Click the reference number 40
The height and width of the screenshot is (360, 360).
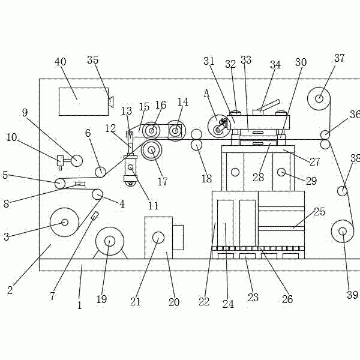coord(61,62)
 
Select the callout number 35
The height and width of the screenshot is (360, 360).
coord(93,59)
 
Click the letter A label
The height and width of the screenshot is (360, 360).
coord(206,93)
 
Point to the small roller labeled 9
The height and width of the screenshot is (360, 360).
coord(77,160)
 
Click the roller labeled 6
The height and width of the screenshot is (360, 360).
coord(100,172)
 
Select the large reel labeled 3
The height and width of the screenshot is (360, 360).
coord(65,222)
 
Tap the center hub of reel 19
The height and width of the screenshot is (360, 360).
coord(110,241)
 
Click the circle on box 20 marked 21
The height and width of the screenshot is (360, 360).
coord(158,238)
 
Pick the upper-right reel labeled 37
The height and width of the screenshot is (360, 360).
coord(319,99)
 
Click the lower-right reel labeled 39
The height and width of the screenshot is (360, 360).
coord(343,231)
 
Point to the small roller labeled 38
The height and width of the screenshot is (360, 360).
coord(342,191)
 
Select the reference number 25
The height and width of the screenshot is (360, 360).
coord(319,212)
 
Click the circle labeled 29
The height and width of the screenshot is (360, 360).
coord(281,172)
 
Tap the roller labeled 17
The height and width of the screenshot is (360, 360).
coord(152,151)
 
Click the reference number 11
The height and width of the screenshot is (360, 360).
coord(153,206)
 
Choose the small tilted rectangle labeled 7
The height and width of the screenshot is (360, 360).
coord(95,216)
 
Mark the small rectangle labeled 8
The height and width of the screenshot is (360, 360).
coord(80,184)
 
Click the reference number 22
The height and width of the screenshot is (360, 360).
coord(204,302)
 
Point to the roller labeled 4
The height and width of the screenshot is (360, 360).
coord(97,194)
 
